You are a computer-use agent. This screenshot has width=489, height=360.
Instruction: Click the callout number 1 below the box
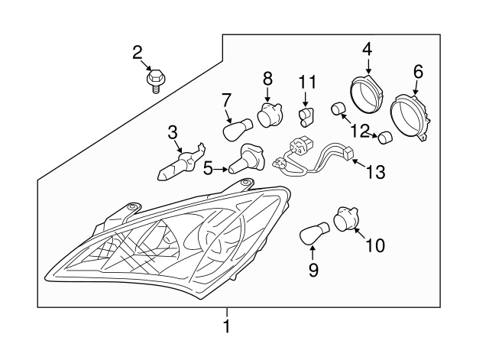(225, 327)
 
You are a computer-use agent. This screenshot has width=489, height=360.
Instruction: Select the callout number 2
(138, 53)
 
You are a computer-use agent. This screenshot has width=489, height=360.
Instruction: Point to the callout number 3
(173, 132)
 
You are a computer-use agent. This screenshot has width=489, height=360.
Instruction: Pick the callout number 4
(367, 49)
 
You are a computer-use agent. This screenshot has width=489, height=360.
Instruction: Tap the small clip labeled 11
(306, 115)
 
